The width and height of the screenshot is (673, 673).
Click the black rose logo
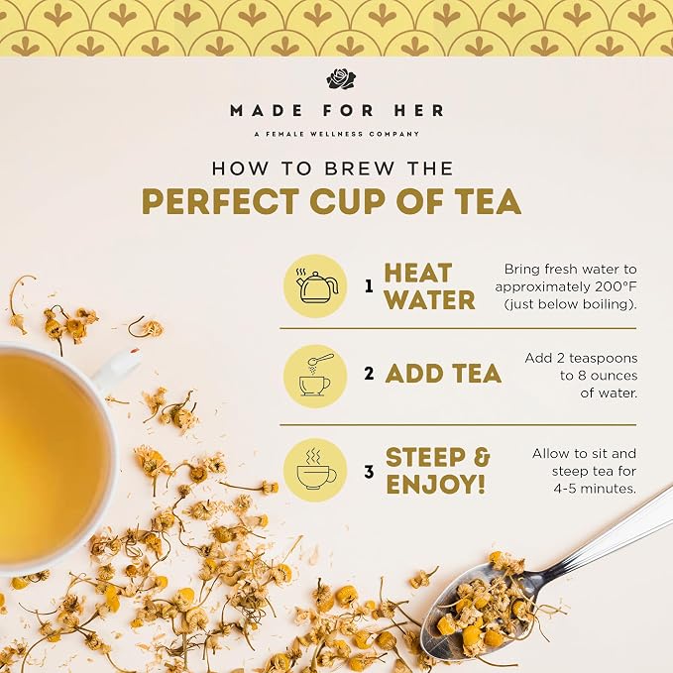tap(341, 79)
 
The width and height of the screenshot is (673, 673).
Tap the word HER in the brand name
tap(419, 111)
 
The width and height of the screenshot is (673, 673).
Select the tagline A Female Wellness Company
tap(337, 134)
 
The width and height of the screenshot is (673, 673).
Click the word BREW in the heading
tap(359, 168)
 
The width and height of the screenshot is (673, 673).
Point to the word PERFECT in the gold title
tap(220, 201)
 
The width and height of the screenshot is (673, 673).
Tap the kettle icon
tap(315, 285)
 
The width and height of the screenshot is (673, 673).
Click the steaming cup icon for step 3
tap(315, 470)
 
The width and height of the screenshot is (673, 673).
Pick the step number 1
tap(369, 286)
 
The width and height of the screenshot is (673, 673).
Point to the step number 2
tap(369, 374)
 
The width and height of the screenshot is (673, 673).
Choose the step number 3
tap(369, 472)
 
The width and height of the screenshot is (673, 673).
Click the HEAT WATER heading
tap(429, 286)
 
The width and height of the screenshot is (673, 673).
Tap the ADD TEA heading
tap(443, 374)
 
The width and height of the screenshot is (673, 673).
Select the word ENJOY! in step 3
tap(436, 484)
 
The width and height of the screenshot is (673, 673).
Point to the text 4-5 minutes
tap(594, 489)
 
